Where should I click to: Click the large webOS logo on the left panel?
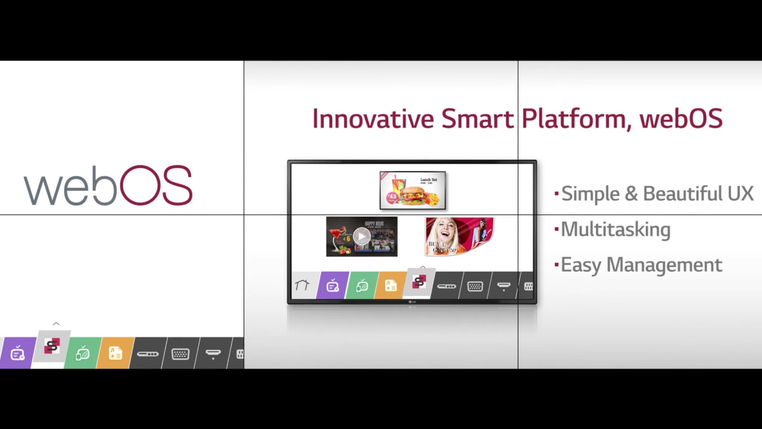[x=108, y=186]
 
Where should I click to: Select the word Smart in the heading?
[x=477, y=119]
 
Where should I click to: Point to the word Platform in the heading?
[x=572, y=119]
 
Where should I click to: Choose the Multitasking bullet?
[x=616, y=229]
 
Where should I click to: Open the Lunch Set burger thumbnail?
[x=413, y=190]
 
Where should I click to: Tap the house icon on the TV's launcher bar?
[x=302, y=285]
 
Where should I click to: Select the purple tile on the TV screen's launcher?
[x=333, y=286]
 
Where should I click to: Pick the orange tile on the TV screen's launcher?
[x=391, y=286]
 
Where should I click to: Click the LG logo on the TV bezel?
[x=412, y=301]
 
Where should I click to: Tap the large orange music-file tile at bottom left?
[x=115, y=353]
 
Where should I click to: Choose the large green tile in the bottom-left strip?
[x=83, y=353]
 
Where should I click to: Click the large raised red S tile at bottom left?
[x=52, y=346]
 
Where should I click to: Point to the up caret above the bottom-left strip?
[x=56, y=324]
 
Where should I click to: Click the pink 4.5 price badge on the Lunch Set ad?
[x=393, y=197]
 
